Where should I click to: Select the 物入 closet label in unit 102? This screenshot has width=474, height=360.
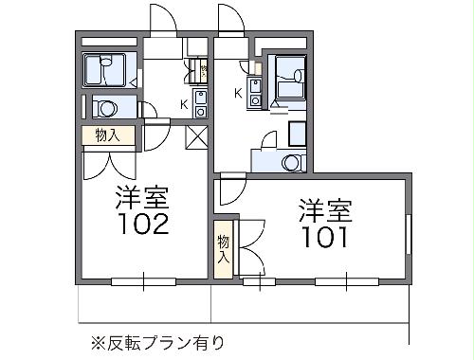[106, 135]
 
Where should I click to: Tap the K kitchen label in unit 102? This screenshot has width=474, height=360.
[184, 105]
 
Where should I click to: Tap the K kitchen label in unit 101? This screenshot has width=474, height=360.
[238, 93]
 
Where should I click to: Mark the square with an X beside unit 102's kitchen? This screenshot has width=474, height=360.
[197, 136]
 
